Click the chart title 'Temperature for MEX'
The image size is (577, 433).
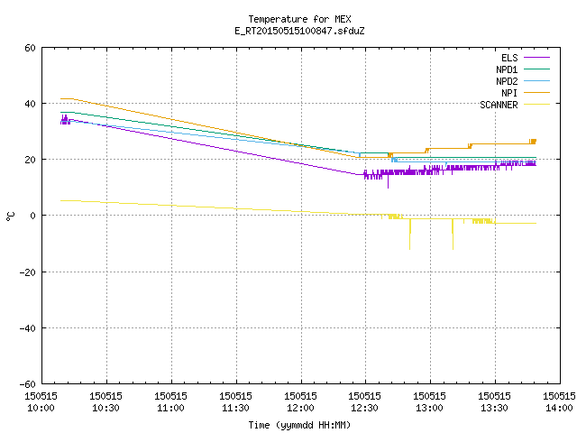(299, 19)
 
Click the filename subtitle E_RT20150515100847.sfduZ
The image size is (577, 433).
(299, 31)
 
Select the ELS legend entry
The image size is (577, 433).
(509, 58)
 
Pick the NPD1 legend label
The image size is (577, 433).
(507, 69)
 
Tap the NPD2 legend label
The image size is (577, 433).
(507, 81)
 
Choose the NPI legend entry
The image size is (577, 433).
(509, 93)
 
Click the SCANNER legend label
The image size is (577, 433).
(499, 105)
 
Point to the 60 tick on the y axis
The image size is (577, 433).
(30, 48)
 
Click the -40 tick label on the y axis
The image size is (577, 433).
(28, 328)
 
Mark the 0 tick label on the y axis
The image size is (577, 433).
(33, 216)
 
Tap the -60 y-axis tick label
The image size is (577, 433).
(28, 384)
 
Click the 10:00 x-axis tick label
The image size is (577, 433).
(41, 408)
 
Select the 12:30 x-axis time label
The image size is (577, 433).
(364, 408)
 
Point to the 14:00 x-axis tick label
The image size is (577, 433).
(559, 408)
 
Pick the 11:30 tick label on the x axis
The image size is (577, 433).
(235, 408)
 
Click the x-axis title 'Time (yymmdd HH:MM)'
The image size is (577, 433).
(299, 425)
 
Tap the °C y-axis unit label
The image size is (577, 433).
(10, 216)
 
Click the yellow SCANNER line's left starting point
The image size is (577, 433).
(60, 200)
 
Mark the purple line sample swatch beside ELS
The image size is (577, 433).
(536, 58)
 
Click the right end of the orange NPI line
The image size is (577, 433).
(536, 141)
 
